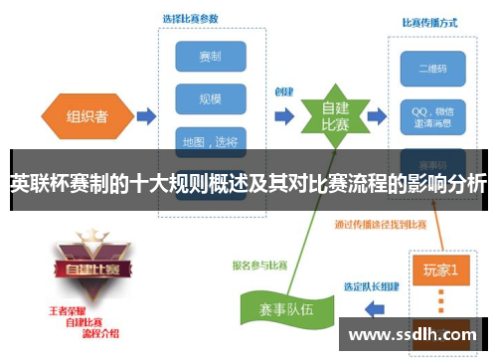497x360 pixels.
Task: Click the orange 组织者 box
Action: (x=86, y=116)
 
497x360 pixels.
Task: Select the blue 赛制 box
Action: (x=211, y=56)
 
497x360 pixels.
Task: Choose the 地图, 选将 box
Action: (x=211, y=140)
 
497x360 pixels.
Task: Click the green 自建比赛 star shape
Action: (x=334, y=116)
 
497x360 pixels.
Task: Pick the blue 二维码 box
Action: (x=431, y=68)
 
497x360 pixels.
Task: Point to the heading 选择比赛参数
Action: (x=192, y=18)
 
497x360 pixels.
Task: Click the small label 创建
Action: (x=284, y=91)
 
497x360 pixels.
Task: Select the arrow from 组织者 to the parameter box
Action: (x=145, y=117)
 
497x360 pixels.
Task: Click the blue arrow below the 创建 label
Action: (x=284, y=116)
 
